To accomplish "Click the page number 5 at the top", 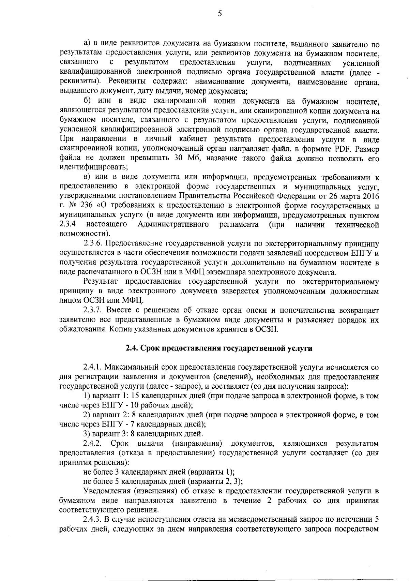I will coord(219,14).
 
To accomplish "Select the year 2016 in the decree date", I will coord(372,197).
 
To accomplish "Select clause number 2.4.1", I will coord(93,368).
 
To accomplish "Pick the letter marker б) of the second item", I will coord(87,101).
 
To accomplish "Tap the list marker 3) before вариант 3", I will coord(87,434).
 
